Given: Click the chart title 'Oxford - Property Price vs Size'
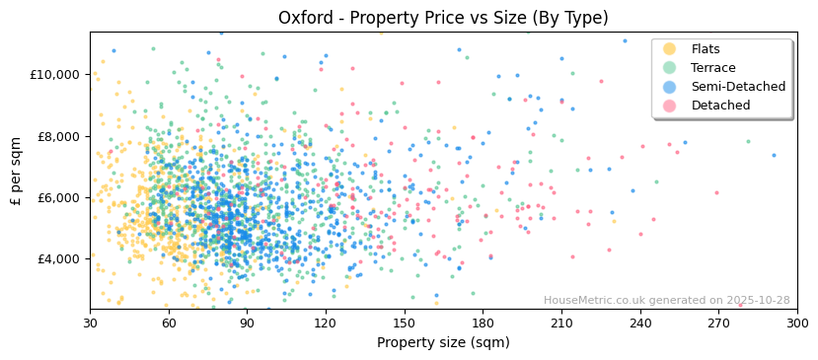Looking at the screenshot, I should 443,18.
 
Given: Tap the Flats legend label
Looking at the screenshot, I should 705,49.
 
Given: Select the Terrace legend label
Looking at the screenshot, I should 712,68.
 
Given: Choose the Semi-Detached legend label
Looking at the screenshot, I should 738,87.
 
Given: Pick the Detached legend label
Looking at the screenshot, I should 720,106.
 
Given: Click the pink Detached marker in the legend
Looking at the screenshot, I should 670,106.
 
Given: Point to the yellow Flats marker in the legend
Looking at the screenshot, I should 670,49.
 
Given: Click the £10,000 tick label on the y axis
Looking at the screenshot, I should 55,75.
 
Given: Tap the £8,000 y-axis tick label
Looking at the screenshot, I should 58,136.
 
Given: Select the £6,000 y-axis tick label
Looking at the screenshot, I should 58,197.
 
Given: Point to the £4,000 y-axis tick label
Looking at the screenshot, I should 58,258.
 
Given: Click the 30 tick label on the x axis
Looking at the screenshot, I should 90,324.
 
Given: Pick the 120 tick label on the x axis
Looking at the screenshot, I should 326,324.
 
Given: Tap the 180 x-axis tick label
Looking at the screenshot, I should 483,324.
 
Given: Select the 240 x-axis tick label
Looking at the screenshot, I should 640,324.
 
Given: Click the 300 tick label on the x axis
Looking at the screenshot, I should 796,324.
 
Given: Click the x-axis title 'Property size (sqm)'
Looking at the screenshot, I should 443,343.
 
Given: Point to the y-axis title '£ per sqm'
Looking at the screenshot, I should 17,171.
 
